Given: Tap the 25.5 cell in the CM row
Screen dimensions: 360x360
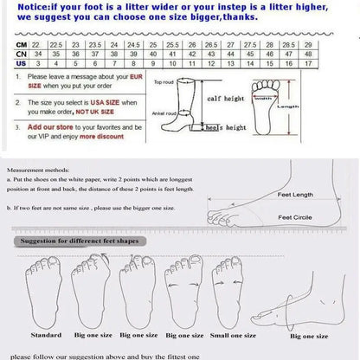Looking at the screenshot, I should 172,44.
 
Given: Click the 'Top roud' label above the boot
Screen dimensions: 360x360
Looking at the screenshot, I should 164,82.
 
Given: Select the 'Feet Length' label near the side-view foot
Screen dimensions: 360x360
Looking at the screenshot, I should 295,196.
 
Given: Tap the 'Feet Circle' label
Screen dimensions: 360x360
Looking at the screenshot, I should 295,216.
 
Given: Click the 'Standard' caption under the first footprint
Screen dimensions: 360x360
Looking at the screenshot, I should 46,333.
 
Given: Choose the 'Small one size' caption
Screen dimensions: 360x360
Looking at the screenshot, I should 230,333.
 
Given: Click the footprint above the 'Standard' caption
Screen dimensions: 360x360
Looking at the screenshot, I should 43,289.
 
